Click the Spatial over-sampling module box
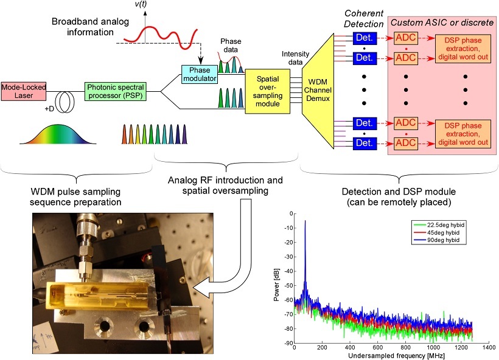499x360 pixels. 265,91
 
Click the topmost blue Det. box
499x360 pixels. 365,38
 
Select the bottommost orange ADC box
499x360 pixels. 406,142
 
